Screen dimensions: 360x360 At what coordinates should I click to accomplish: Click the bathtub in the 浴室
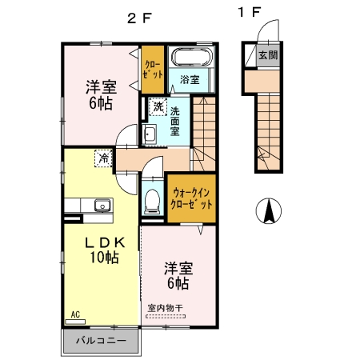point(192,57)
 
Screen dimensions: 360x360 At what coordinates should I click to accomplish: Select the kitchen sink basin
point(102,205)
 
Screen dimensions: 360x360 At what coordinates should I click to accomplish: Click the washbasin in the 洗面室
point(150,134)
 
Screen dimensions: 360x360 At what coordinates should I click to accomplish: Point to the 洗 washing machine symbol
point(158,107)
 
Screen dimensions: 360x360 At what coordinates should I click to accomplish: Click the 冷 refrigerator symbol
point(104,158)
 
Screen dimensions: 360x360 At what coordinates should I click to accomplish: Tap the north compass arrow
point(269,210)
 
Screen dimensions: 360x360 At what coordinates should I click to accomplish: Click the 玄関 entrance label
point(268,55)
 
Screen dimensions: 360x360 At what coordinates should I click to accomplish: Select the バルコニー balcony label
point(101,341)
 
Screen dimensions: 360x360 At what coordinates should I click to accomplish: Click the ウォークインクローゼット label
point(191,198)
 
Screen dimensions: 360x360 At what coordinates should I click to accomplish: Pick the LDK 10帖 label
point(104,250)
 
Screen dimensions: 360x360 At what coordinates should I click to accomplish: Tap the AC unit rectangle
point(75,322)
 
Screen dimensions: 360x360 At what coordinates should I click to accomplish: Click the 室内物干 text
point(166,308)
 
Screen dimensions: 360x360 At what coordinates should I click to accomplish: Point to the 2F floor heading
point(139,18)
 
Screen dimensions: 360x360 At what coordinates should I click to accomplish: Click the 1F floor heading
point(249,12)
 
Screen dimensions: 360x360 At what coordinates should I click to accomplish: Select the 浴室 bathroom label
point(190,79)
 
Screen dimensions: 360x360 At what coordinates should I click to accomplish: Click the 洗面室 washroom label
point(175,122)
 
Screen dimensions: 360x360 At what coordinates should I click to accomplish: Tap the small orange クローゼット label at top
point(152,70)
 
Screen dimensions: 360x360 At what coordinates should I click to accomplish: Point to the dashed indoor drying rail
point(166,317)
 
